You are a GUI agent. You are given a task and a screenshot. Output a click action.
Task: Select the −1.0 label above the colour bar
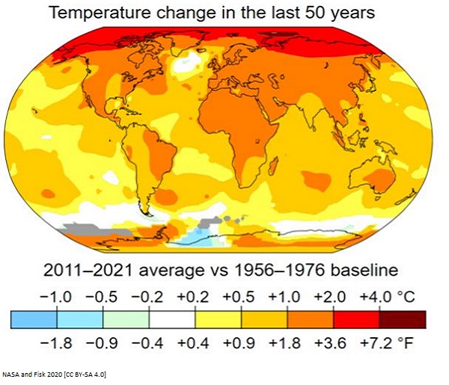click(x=57, y=297)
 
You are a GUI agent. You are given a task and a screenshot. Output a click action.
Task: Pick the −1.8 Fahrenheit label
click(x=57, y=342)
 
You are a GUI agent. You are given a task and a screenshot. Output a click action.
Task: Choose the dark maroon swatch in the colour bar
click(x=403, y=319)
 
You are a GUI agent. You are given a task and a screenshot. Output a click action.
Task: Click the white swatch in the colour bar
click(x=172, y=319)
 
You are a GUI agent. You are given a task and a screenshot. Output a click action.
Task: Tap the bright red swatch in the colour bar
click(x=357, y=319)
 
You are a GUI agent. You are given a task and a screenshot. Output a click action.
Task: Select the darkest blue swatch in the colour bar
click(x=34, y=319)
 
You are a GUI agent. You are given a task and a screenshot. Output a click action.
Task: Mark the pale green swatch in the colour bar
click(x=126, y=319)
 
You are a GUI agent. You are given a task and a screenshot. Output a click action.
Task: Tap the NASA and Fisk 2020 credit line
click(x=54, y=374)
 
